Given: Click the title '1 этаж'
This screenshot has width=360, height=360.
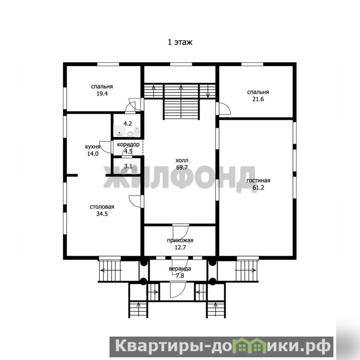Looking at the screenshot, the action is coord(180,42).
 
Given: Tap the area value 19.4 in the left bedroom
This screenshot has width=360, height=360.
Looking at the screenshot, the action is coord(102,94).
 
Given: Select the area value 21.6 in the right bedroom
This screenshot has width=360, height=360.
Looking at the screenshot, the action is coord(258,99).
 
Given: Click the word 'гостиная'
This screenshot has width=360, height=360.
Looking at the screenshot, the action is coord(258,181).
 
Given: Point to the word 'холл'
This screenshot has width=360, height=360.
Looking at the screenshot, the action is coord(182,160).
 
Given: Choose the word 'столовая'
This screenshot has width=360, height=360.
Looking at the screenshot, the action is coord(102,207).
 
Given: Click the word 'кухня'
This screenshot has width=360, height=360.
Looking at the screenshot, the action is coord(92,147).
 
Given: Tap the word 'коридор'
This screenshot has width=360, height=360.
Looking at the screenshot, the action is coord(128,145).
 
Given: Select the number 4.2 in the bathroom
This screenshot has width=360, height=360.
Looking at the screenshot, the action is coord(128,123).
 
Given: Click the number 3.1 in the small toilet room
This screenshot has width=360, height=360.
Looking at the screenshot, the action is coord(128,166).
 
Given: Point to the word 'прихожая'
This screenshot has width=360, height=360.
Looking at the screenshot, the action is coord(180,241).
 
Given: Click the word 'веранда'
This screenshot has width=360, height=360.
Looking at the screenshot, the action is coord(180,269).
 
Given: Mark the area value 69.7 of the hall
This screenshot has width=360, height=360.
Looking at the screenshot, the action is coord(182,167).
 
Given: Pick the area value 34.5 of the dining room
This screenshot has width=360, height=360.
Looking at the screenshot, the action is coord(102,214).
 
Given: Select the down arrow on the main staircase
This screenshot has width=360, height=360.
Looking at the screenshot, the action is coord(208,91).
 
